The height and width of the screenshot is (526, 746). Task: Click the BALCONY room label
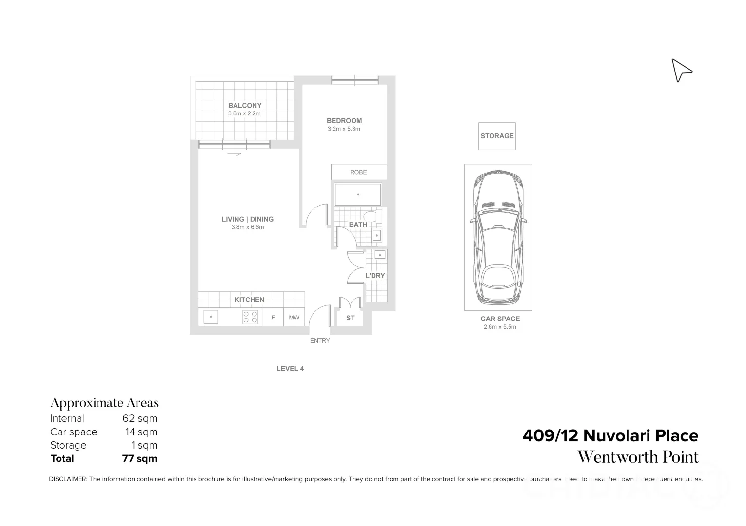point(245,105)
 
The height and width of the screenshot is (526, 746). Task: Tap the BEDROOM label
point(344,121)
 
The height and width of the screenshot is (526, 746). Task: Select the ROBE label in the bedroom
point(358,172)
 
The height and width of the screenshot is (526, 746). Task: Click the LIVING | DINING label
point(248,219)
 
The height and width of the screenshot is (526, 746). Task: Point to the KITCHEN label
point(249,300)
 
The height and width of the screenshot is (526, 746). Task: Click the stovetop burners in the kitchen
point(250,317)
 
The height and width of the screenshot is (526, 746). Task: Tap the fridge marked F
point(273,318)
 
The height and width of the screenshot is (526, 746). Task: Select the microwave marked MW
point(294,318)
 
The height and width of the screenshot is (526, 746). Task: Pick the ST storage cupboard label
point(350,318)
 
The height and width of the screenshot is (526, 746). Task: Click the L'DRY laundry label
point(375,276)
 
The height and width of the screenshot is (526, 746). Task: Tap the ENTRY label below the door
point(320,341)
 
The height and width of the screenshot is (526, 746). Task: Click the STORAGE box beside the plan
point(497,136)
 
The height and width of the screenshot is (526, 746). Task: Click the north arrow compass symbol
point(681,71)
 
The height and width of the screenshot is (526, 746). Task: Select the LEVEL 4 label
point(290,369)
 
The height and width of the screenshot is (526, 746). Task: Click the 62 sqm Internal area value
point(140,418)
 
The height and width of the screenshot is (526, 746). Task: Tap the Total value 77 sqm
point(139,458)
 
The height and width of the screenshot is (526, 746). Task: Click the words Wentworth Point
point(638,457)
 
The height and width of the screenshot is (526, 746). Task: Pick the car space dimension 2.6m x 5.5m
point(500,327)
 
